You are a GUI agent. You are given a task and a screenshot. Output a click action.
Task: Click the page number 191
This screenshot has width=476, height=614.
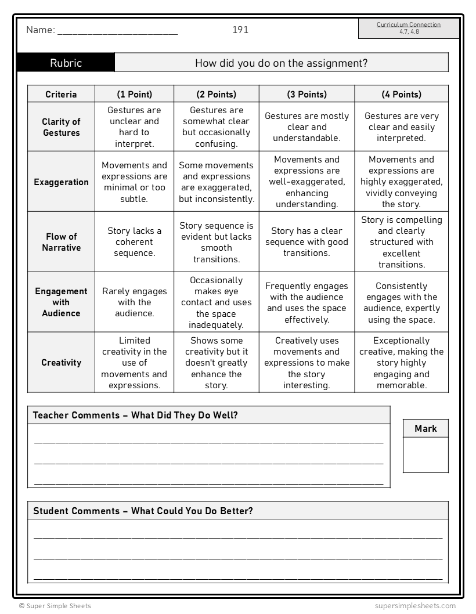[240, 30]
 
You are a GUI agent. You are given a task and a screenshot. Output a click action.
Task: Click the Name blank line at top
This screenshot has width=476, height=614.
[117, 31]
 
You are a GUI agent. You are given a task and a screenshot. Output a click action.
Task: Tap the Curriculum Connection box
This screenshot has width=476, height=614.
[409, 28]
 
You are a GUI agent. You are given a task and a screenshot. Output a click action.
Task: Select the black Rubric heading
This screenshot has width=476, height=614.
[66, 63]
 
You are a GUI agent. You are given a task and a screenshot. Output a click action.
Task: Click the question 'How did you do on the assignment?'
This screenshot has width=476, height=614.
[281, 63]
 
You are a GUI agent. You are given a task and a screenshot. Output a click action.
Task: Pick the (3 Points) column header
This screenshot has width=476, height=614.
[306, 94]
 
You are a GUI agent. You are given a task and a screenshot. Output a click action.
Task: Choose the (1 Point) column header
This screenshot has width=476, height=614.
[134, 94]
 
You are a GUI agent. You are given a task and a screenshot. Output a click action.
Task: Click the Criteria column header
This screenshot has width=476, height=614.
[61, 94]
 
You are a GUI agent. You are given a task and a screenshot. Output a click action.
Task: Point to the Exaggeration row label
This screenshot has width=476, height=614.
[61, 182]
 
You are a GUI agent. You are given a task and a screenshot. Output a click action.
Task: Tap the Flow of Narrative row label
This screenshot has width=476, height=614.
[61, 242]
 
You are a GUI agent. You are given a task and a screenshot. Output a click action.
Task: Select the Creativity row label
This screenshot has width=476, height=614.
[61, 363]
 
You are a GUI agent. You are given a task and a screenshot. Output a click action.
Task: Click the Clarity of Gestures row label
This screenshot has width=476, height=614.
[61, 127]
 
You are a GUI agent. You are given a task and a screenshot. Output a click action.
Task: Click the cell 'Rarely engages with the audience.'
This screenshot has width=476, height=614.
[134, 302]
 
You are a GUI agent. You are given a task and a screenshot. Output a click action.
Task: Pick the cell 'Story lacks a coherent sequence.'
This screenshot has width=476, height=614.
[134, 242]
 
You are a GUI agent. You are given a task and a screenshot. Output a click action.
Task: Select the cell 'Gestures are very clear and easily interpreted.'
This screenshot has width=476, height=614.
[401, 127]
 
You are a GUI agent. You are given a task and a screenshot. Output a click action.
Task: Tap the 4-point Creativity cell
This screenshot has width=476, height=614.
[401, 363]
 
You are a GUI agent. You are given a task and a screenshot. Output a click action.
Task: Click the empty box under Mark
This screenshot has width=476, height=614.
[425, 455]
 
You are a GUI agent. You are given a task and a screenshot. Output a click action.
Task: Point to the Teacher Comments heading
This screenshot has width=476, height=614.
[135, 415]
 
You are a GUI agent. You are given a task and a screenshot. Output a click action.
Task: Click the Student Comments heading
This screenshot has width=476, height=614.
[143, 511]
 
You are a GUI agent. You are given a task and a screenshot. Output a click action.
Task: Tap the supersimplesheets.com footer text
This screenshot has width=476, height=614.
[415, 606]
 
